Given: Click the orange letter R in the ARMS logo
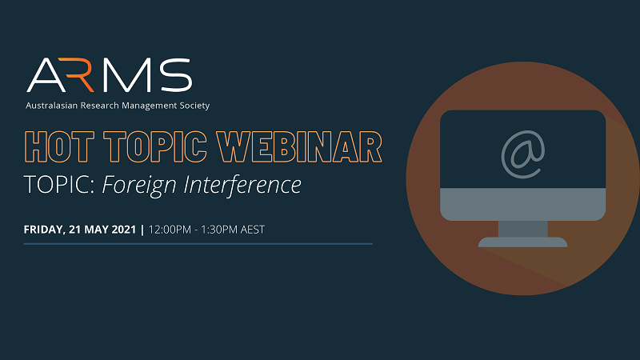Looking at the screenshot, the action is (x=78, y=75).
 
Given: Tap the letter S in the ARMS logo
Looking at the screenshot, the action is (x=176, y=75).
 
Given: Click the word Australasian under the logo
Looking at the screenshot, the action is (x=51, y=106).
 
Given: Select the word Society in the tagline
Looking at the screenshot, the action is (x=194, y=106).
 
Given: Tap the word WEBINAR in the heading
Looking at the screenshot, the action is (x=299, y=147).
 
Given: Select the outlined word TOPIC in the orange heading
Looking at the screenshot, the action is (x=155, y=147).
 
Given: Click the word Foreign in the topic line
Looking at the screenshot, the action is (x=138, y=186).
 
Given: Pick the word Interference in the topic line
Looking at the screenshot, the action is (x=242, y=185).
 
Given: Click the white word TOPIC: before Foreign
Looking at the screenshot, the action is (x=59, y=185).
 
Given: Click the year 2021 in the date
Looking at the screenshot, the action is (x=124, y=230).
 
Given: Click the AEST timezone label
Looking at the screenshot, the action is (x=253, y=230).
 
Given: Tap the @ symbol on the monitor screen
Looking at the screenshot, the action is (x=523, y=154).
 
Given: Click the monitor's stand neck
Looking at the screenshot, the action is (x=523, y=229).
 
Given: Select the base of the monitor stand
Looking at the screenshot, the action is (x=523, y=242).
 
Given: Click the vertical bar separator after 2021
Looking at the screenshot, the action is (x=142, y=230).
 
